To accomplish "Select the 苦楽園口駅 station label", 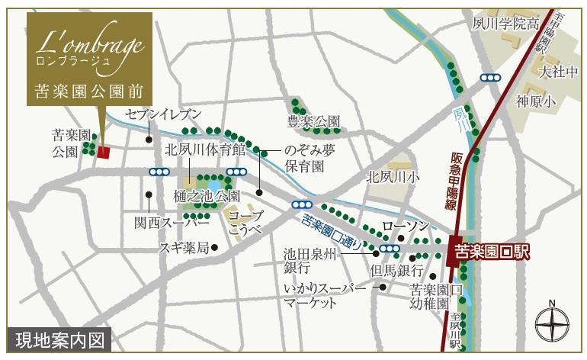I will pyautogui.click(x=492, y=250).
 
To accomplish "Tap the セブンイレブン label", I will pyautogui.click(x=164, y=114).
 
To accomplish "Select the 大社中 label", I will pyautogui.click(x=555, y=73).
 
